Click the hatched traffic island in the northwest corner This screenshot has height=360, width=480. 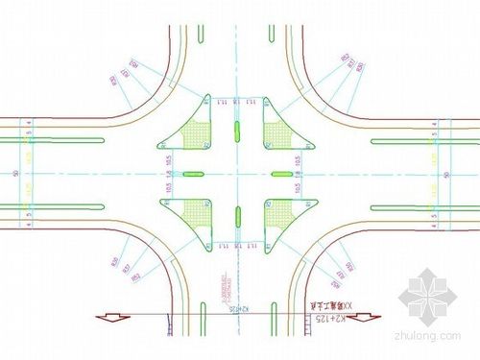[x=198, y=134]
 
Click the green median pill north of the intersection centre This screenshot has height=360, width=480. [x=237, y=129]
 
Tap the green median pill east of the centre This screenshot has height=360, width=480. [x=282, y=174]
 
